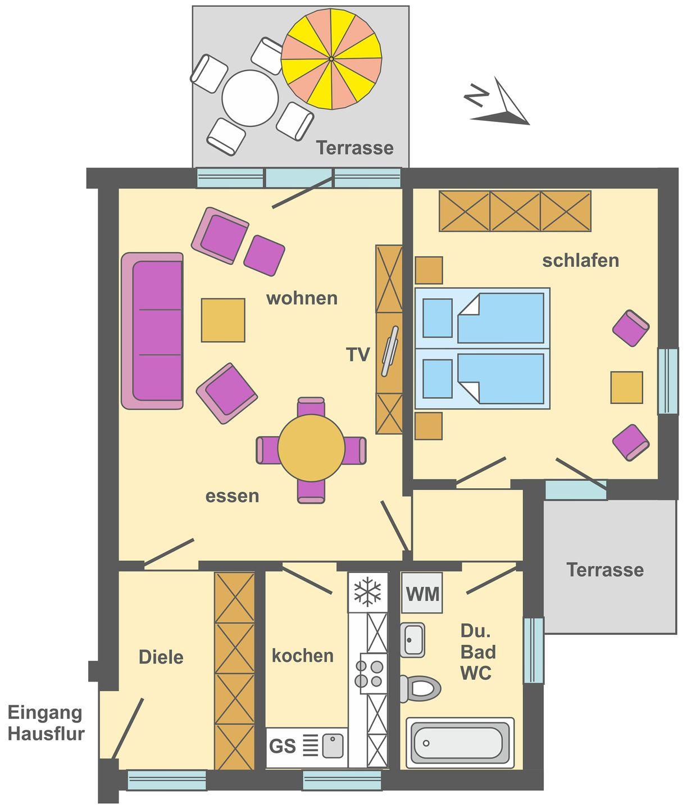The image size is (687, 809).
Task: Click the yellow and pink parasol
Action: click(331, 58)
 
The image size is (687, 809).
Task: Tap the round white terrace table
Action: click(250, 98)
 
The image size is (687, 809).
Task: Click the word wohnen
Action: click(302, 298)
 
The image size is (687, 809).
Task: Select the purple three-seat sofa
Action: click(152, 331)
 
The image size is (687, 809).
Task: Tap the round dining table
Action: click(311, 448)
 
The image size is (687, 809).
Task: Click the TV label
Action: click(358, 354)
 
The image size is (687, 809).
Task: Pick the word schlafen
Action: click(580, 261)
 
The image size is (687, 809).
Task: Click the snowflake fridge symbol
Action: click(367, 592)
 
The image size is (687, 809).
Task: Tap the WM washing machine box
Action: click(422, 592)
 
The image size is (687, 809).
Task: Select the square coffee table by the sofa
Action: click(223, 320)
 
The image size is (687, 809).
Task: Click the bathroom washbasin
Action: click(412, 640)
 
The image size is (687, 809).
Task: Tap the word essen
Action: click(232, 496)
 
